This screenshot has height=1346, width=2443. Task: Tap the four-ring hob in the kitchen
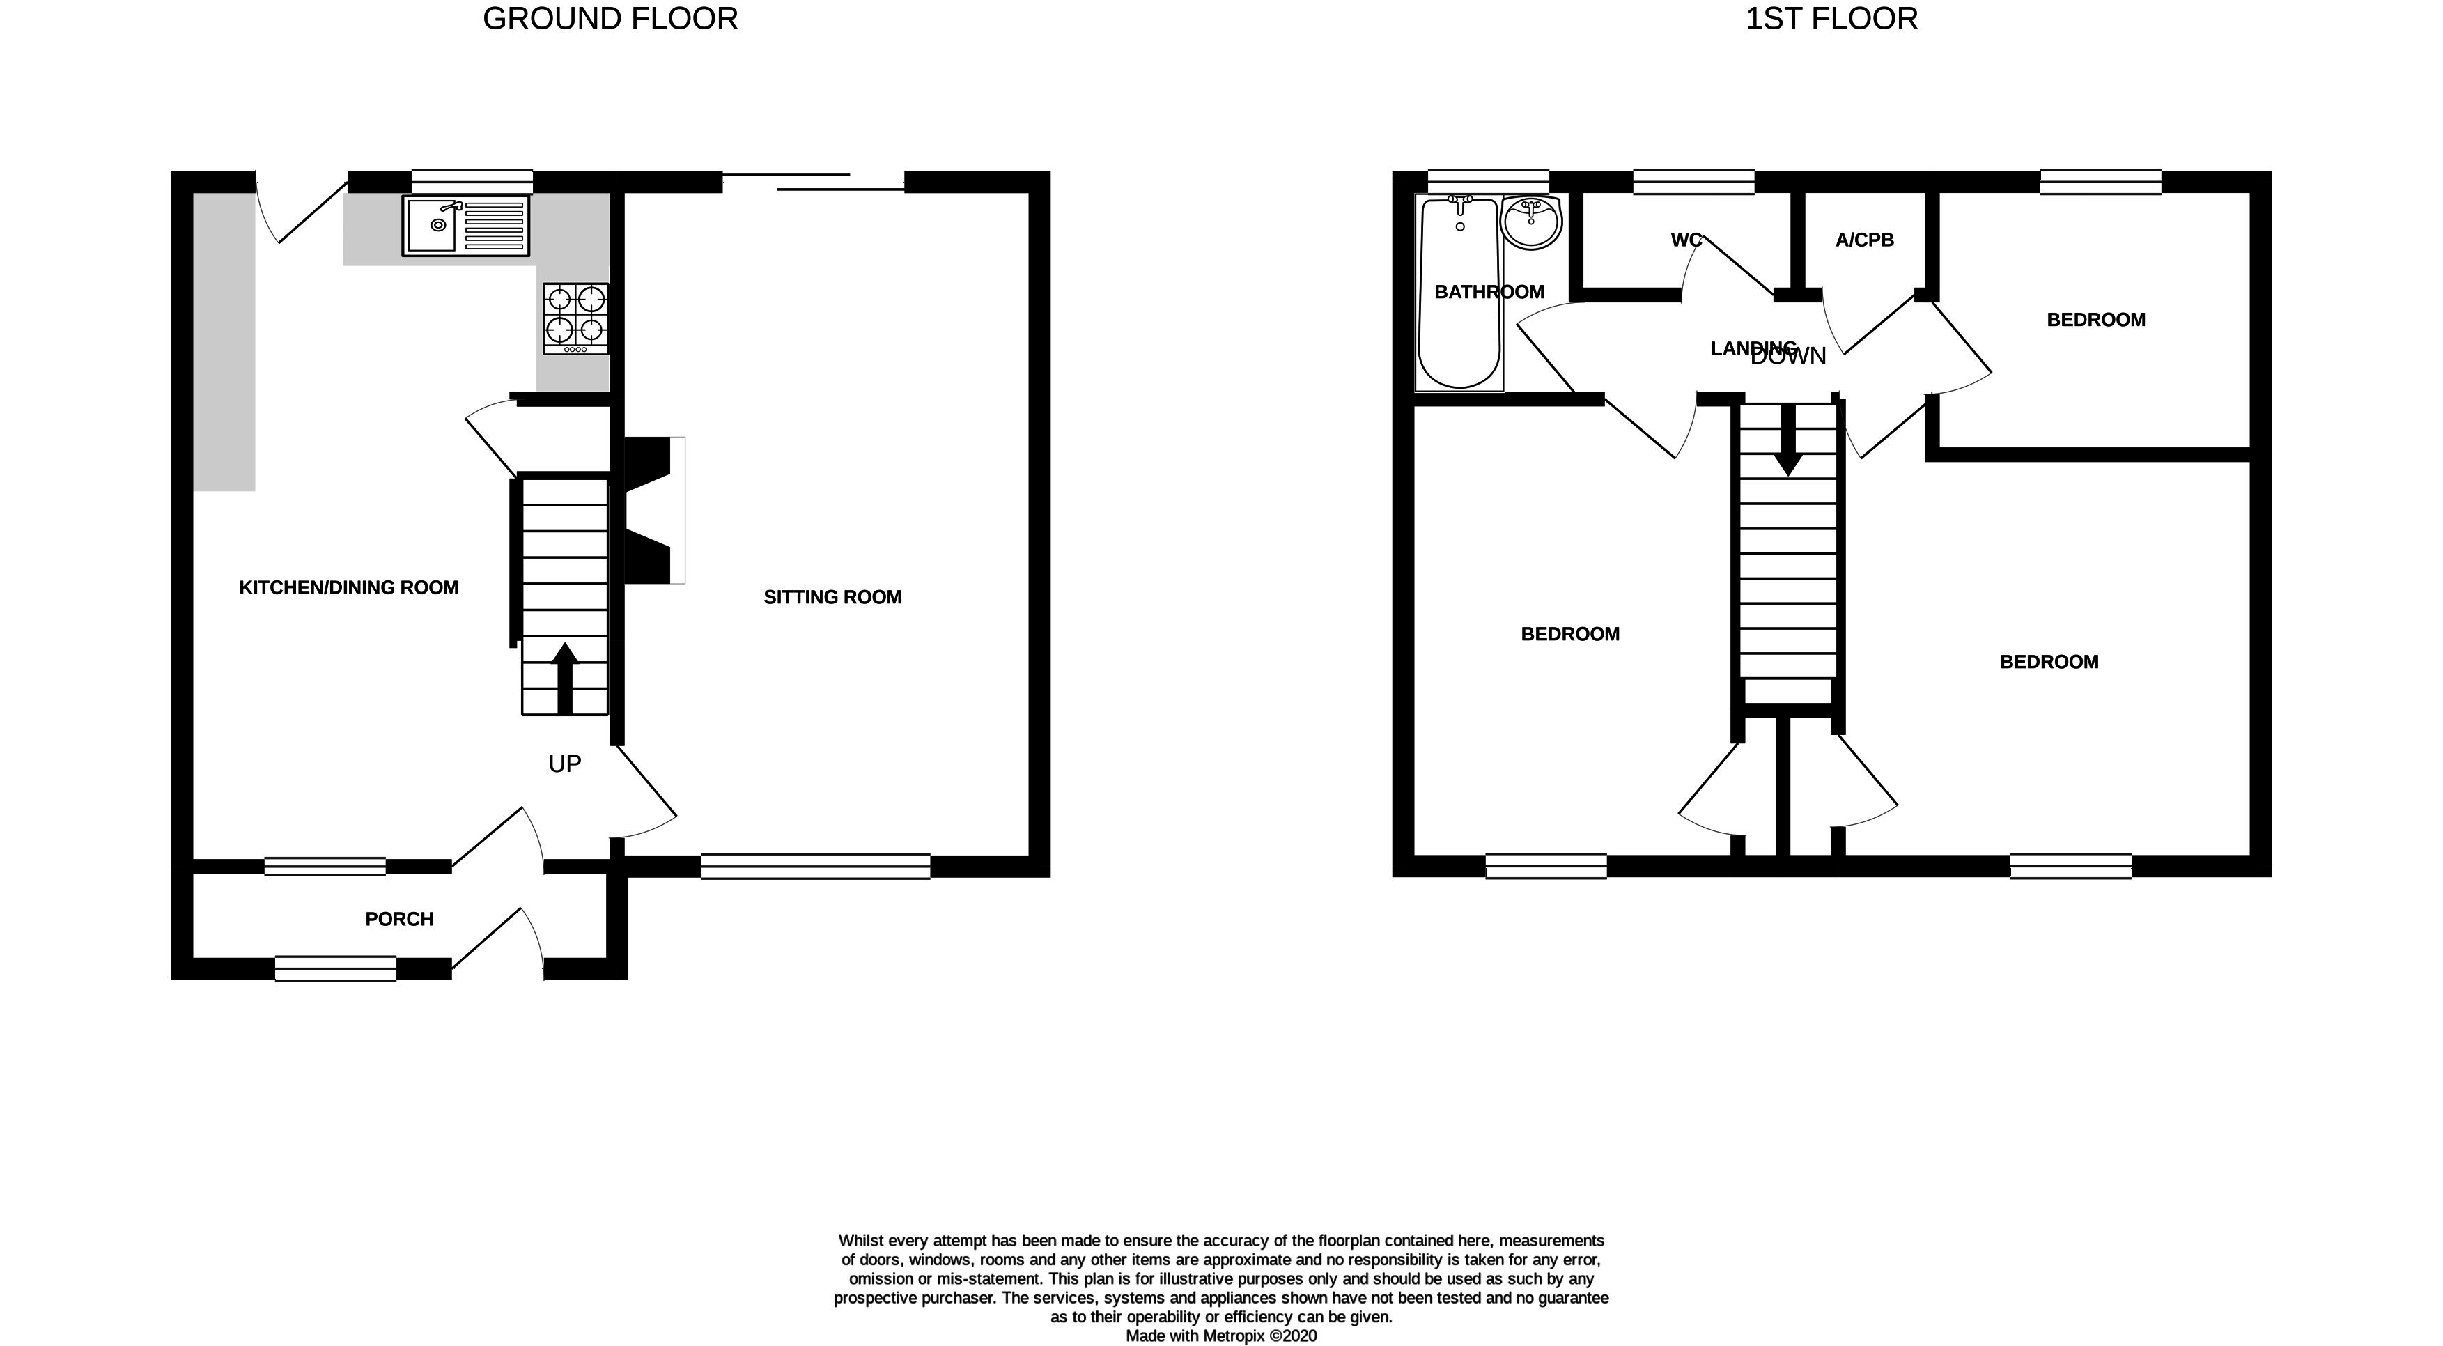pos(575,318)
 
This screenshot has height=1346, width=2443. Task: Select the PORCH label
pos(399,918)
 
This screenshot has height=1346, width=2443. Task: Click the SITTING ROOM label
pos(832,596)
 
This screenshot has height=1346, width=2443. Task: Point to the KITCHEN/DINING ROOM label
pos(349,587)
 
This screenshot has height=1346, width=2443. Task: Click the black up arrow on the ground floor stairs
pos(564,678)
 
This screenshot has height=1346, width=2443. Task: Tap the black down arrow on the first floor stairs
pos(1789,440)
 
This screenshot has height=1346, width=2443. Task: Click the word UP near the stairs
pos(564,764)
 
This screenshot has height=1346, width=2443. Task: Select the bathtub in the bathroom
pos(1459,292)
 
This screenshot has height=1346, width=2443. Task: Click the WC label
pos(1686,240)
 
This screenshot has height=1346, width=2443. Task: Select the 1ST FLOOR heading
pos(1831,19)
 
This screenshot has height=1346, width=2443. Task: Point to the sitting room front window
pos(816,866)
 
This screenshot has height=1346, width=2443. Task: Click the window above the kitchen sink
pos(472,181)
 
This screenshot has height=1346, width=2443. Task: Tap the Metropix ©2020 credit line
pos(1222,1336)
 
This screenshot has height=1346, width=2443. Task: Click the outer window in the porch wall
pos(336,968)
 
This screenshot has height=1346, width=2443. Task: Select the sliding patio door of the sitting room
pos(813,182)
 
